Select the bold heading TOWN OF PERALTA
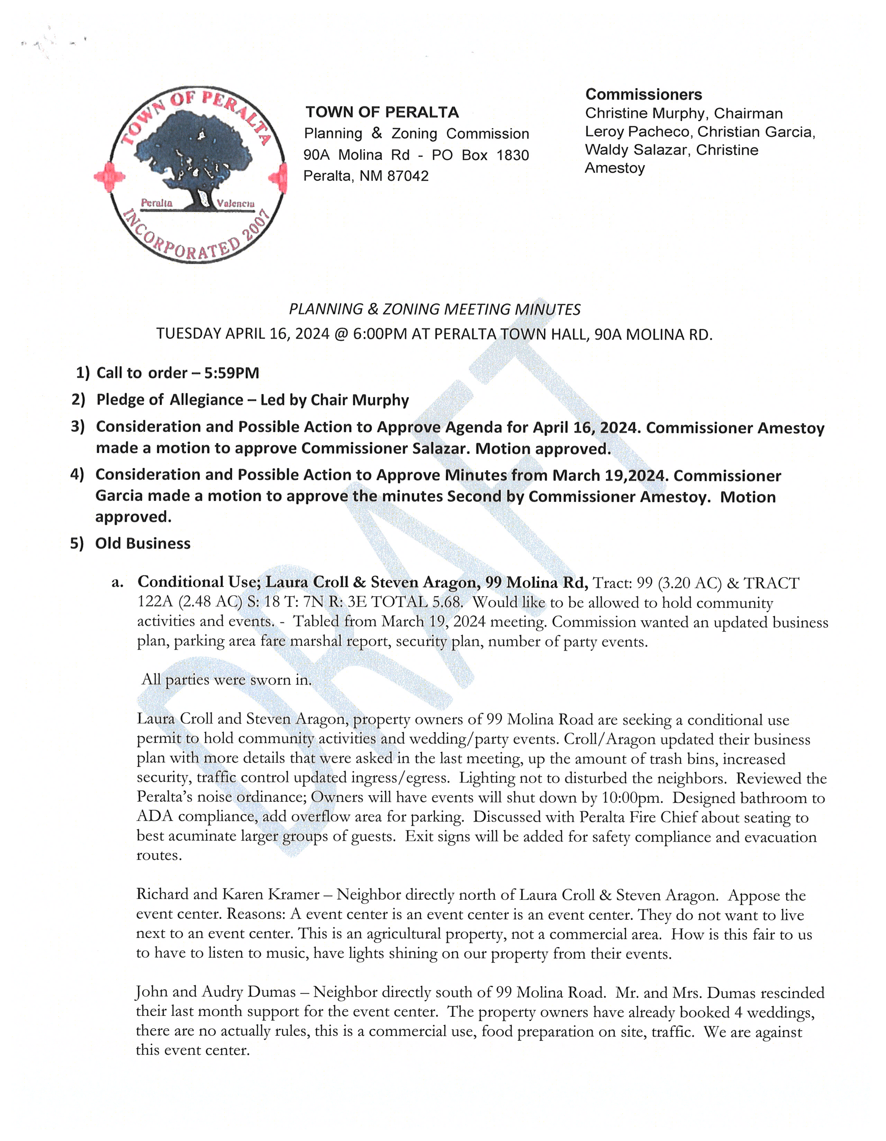click(x=382, y=112)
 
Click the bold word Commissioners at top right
click(x=643, y=95)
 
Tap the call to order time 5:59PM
click(x=232, y=373)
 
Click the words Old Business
click(x=143, y=543)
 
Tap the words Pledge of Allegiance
click(x=170, y=400)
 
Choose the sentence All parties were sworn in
click(x=227, y=680)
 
